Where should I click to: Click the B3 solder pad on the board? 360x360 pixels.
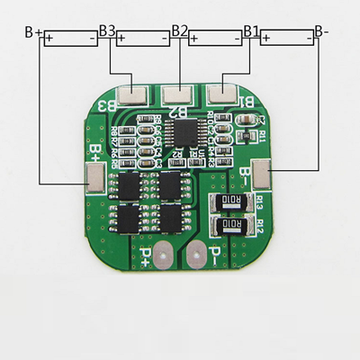[137, 92]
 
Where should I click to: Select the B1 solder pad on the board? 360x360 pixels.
[220, 92]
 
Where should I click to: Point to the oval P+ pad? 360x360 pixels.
[162, 256]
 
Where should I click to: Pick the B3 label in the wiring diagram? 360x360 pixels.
[107, 31]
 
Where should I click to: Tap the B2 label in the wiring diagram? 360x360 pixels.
[179, 31]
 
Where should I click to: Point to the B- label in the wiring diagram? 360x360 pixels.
[321, 32]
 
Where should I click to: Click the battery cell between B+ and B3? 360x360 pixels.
[70, 40]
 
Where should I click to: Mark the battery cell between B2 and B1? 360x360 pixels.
[215, 40]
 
